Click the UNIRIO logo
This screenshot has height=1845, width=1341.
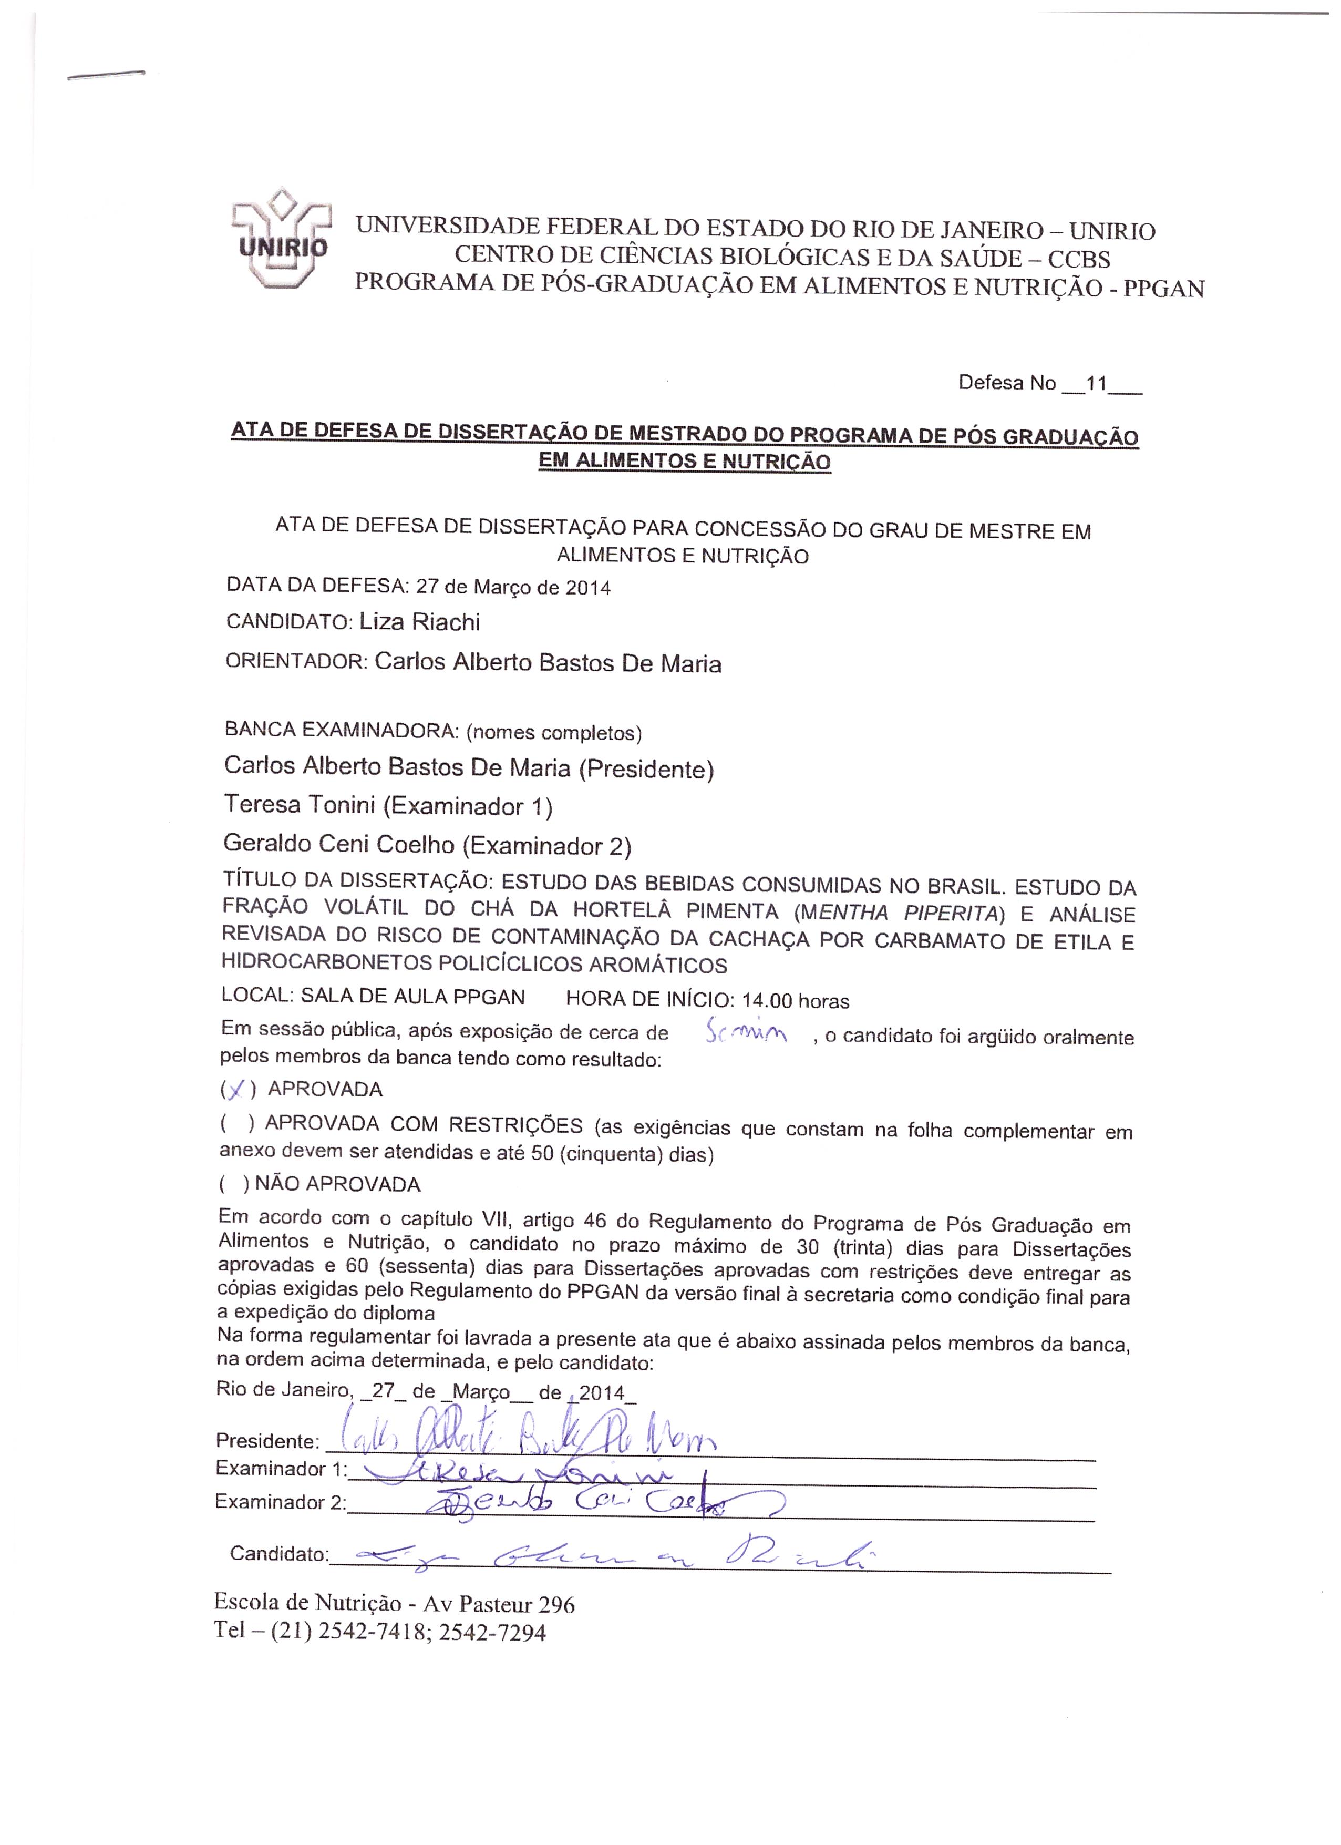281,240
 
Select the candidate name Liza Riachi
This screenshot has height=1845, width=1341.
420,622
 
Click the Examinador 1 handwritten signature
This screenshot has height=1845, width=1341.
529,1474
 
